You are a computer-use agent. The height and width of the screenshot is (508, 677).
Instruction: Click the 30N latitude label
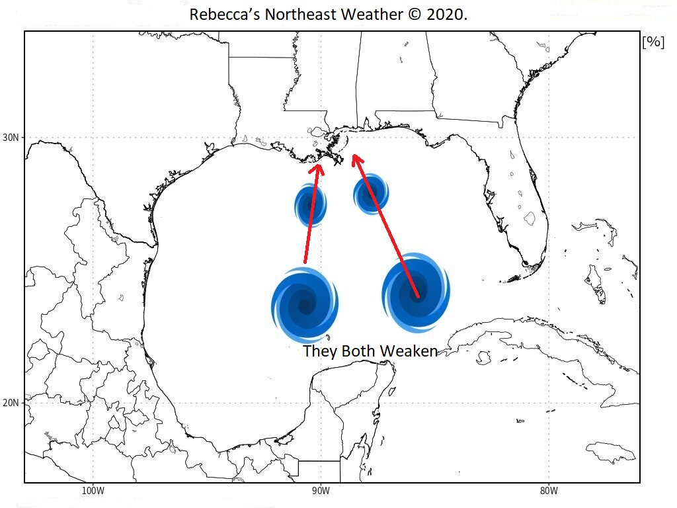pyautogui.click(x=11, y=138)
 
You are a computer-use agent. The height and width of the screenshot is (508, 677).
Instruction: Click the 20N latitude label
pyautogui.click(x=11, y=403)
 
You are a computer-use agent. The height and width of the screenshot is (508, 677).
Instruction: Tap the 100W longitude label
pyautogui.click(x=93, y=491)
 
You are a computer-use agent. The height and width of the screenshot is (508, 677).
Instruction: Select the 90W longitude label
pyautogui.click(x=320, y=491)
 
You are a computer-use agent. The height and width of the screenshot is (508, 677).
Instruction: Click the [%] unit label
pyautogui.click(x=653, y=42)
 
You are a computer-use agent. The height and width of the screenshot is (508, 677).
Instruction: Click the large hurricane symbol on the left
pyautogui.click(x=305, y=305)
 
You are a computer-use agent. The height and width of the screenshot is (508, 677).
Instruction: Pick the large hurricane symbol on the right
pyautogui.click(x=416, y=292)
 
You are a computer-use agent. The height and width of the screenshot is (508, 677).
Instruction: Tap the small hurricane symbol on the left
pyautogui.click(x=309, y=205)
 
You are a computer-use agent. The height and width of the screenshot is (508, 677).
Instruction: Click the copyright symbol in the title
pyautogui.click(x=411, y=15)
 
